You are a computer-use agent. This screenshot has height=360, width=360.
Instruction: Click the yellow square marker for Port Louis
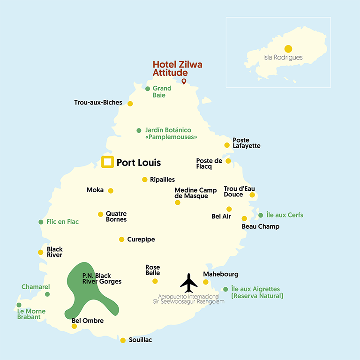point(107,162)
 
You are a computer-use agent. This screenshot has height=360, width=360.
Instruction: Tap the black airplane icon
point(189,283)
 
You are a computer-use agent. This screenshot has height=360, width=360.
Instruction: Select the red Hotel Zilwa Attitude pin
point(184,82)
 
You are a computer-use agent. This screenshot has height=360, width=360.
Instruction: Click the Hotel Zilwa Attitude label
point(177,68)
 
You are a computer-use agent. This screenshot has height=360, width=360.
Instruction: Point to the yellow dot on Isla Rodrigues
point(288,49)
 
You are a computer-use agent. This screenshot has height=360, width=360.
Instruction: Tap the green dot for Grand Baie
point(148,89)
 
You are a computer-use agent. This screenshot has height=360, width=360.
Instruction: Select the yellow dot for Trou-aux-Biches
point(130,104)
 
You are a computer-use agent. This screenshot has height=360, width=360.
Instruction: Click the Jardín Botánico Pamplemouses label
point(171,134)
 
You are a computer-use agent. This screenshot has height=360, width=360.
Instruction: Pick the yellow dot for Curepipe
point(122,240)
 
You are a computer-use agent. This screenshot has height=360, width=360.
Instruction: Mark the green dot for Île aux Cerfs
point(261,216)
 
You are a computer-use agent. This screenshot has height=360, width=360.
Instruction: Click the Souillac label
point(140,340)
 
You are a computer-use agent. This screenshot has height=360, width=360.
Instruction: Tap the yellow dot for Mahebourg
point(205,282)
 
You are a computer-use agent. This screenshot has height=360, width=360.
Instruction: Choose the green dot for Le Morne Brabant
point(19,305)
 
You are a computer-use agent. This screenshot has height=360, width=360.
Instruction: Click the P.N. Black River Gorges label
point(102,278)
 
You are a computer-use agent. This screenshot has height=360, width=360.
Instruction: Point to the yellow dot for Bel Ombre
point(74,326)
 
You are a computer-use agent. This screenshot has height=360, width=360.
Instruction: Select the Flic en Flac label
point(63,222)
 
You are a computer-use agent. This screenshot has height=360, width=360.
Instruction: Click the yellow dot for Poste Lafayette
point(227,145)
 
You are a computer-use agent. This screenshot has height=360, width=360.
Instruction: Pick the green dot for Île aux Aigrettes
point(225,289)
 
